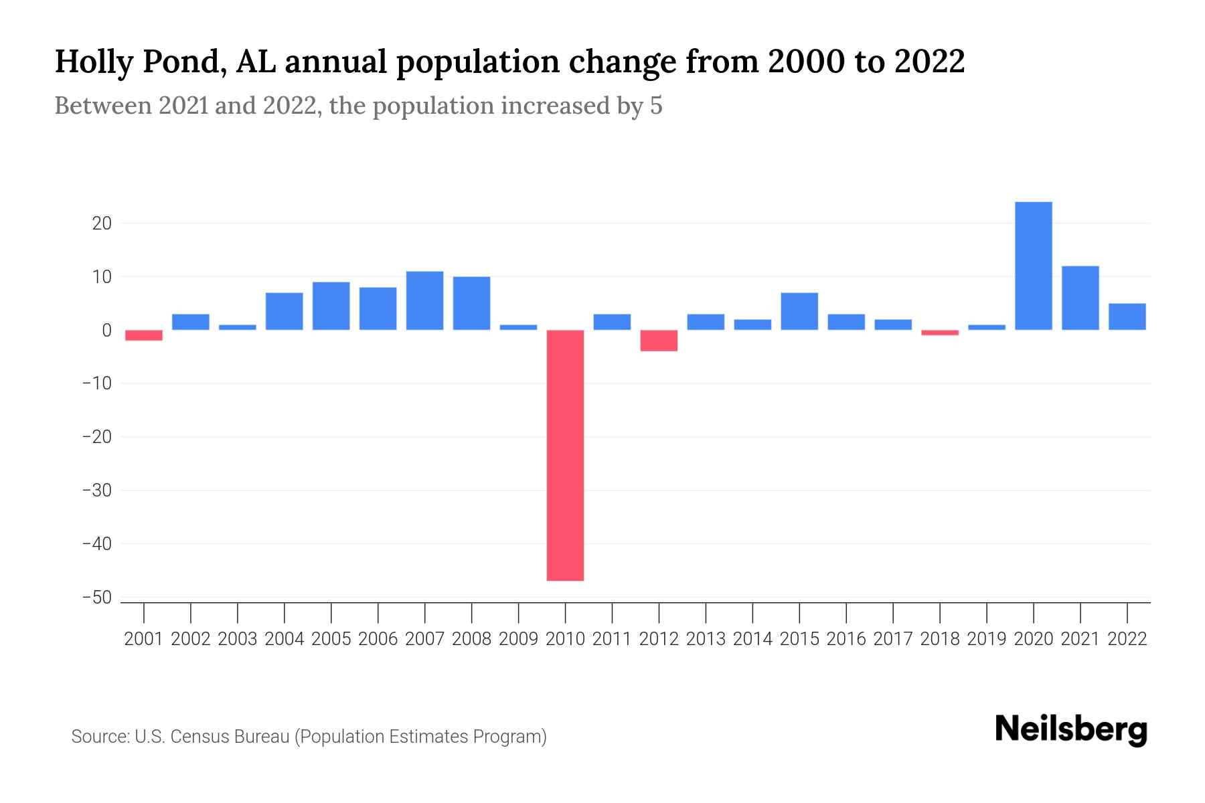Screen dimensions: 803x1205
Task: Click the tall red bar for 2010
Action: (565, 455)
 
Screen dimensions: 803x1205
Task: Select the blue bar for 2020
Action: (1033, 266)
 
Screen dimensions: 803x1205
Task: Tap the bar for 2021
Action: (1080, 298)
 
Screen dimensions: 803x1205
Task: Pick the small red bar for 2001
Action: (144, 335)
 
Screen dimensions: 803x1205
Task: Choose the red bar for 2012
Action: (659, 341)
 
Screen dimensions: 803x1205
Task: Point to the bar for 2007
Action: (424, 300)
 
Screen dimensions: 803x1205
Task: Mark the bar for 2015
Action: (799, 311)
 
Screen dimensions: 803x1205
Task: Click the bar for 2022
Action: (1127, 317)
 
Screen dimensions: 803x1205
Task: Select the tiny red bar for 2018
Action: (940, 333)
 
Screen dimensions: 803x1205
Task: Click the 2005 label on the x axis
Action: (331, 639)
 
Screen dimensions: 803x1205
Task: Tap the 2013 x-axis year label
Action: (706, 639)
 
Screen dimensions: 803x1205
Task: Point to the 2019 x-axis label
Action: (987, 639)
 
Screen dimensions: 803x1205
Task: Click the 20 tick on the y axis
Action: (102, 224)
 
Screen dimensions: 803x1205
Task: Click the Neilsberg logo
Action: (1071, 730)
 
